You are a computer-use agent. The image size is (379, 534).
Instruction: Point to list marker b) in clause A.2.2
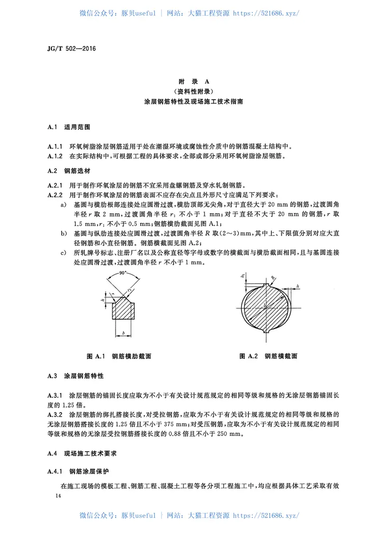click(x=63, y=234)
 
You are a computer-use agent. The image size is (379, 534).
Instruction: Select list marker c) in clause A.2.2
click(x=63, y=252)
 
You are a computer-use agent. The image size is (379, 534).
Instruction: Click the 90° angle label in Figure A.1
click(x=121, y=273)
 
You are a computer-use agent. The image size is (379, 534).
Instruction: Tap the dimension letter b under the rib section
click(x=123, y=334)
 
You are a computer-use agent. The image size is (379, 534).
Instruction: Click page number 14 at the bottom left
click(x=58, y=495)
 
